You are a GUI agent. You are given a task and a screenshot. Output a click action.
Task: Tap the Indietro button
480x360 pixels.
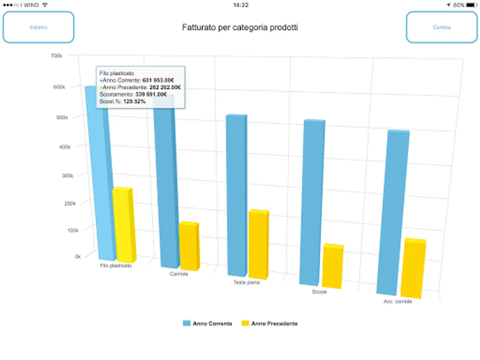click(38, 27)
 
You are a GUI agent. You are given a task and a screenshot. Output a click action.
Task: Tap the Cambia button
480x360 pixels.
click(442, 27)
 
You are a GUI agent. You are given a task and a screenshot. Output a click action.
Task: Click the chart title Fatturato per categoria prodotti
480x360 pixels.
click(240, 28)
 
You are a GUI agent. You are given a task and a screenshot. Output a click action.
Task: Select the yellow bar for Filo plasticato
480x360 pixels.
click(124, 224)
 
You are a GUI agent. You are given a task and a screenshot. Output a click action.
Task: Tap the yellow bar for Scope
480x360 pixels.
click(332, 266)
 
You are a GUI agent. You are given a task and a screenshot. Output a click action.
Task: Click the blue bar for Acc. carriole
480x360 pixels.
click(392, 212)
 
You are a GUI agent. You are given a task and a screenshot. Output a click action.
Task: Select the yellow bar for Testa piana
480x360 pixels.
click(258, 244)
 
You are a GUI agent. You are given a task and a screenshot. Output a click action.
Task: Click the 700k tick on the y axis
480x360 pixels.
click(57, 56)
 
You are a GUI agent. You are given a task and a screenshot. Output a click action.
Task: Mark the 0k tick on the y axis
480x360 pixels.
click(78, 256)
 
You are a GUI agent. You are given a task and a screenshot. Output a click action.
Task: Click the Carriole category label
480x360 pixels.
click(179, 274)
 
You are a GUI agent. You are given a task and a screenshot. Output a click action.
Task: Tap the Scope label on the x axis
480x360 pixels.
click(319, 292)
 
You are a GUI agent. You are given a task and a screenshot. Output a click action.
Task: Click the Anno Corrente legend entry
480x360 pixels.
click(208, 324)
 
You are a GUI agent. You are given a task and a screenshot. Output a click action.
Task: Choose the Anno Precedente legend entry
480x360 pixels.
click(270, 324)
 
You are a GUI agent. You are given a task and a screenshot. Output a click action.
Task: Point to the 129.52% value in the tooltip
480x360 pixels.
click(134, 102)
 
